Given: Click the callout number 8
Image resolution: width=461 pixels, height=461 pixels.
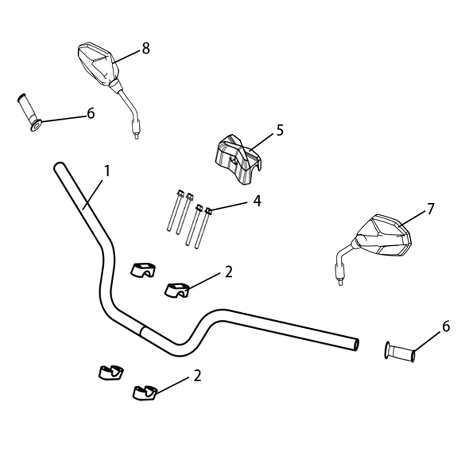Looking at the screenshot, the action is click(x=146, y=48).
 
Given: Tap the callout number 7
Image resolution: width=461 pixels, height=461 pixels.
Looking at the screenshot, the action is click(x=430, y=209).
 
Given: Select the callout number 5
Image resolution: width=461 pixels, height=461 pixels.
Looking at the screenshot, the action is click(x=280, y=130).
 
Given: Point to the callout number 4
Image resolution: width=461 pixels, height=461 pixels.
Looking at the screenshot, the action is click(x=257, y=201).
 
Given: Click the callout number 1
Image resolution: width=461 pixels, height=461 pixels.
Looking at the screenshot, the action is click(x=107, y=171).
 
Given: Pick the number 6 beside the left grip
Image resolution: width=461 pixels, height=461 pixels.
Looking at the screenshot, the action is click(x=91, y=113).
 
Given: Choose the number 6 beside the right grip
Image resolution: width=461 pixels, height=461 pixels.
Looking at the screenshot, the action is click(x=446, y=326).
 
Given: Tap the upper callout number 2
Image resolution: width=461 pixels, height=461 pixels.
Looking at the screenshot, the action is click(x=229, y=272).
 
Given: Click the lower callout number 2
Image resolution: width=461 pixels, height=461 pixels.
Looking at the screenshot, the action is click(x=197, y=376).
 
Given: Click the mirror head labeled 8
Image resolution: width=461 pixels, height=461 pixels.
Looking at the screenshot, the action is click(x=99, y=65).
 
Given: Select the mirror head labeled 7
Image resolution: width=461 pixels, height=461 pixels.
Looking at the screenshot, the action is click(x=384, y=235).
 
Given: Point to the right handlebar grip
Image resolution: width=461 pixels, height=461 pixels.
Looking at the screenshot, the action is click(x=400, y=352).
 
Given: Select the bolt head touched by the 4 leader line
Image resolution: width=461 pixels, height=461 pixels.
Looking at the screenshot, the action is click(x=209, y=211).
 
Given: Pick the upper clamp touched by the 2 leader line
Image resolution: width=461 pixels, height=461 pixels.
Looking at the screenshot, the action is click(x=177, y=290).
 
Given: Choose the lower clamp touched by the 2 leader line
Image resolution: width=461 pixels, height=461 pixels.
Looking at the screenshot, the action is click(x=145, y=393).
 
